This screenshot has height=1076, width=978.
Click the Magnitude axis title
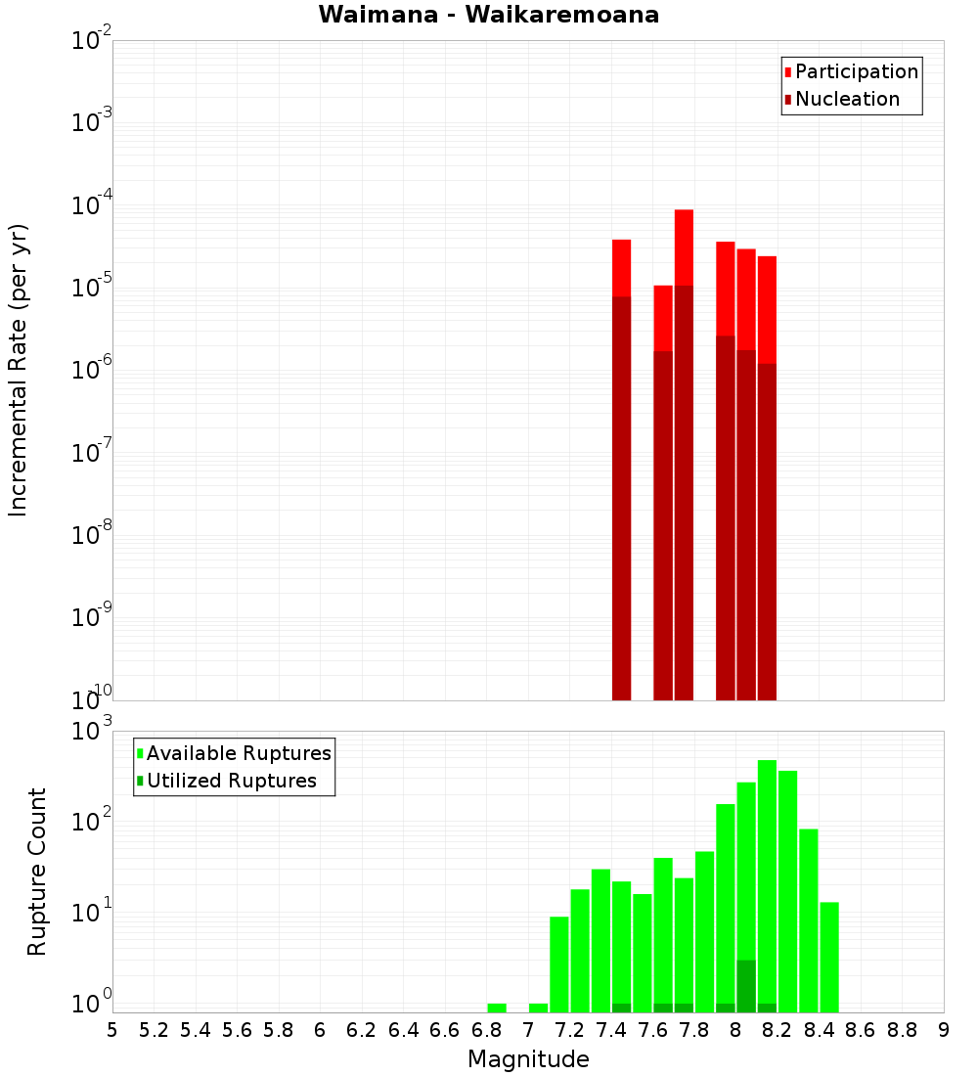point(528,1058)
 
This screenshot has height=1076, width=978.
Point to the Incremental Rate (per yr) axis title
point(19,370)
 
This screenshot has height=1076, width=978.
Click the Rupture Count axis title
point(37,872)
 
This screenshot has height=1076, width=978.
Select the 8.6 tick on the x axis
point(861,1030)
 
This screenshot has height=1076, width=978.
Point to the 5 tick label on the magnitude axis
point(112,1030)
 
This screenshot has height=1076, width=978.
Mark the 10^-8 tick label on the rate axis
point(91,534)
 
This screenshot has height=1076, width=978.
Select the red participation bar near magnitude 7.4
point(621,267)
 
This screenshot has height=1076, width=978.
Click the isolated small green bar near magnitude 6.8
point(497,1008)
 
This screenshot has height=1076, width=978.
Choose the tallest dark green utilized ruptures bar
point(746,986)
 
